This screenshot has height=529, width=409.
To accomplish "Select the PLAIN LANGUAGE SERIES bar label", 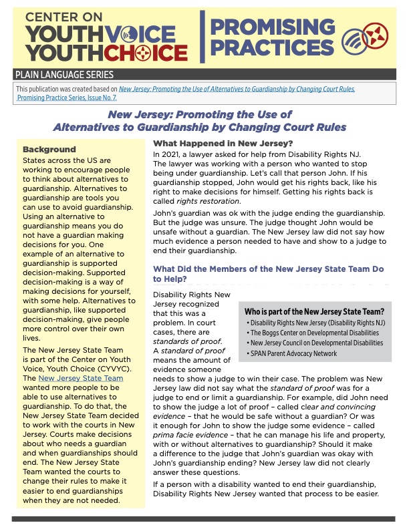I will [x=65, y=75].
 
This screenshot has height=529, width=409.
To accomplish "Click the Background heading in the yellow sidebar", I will [x=49, y=149].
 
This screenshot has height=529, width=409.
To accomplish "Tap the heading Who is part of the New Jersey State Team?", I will [x=314, y=311].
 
